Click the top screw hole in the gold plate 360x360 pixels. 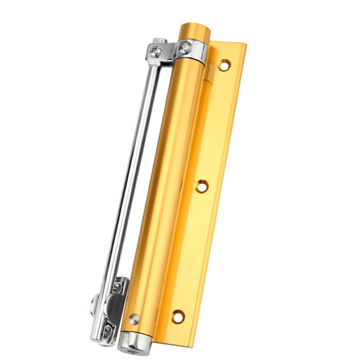click(224, 65)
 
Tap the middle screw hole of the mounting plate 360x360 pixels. click(202, 186)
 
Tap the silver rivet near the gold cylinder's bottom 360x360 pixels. click(134, 318)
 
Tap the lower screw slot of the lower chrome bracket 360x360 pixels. click(107, 329)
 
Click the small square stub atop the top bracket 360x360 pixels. click(159, 41)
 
